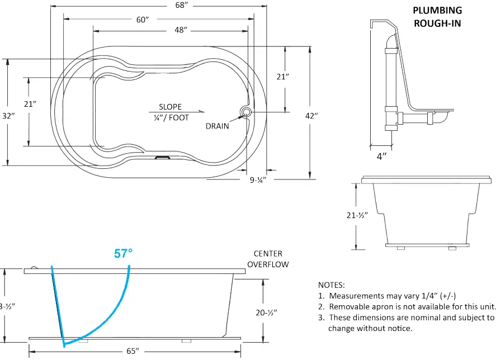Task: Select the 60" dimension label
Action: tap(143, 20)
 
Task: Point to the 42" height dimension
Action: tap(311, 116)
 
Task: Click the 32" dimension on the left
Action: tap(7, 116)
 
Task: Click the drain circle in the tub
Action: tap(245, 112)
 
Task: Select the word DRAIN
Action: tap(217, 126)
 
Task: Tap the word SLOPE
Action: tap(170, 107)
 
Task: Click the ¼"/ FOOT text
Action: tap(171, 117)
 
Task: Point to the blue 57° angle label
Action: tap(123, 253)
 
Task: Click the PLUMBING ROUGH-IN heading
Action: tap(437, 17)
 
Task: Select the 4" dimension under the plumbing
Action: tap(381, 157)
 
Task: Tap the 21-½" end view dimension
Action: tap(356, 216)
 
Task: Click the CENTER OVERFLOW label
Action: tap(268, 259)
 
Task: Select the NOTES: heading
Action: tap(332, 285)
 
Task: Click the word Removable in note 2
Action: tap(347, 306)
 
